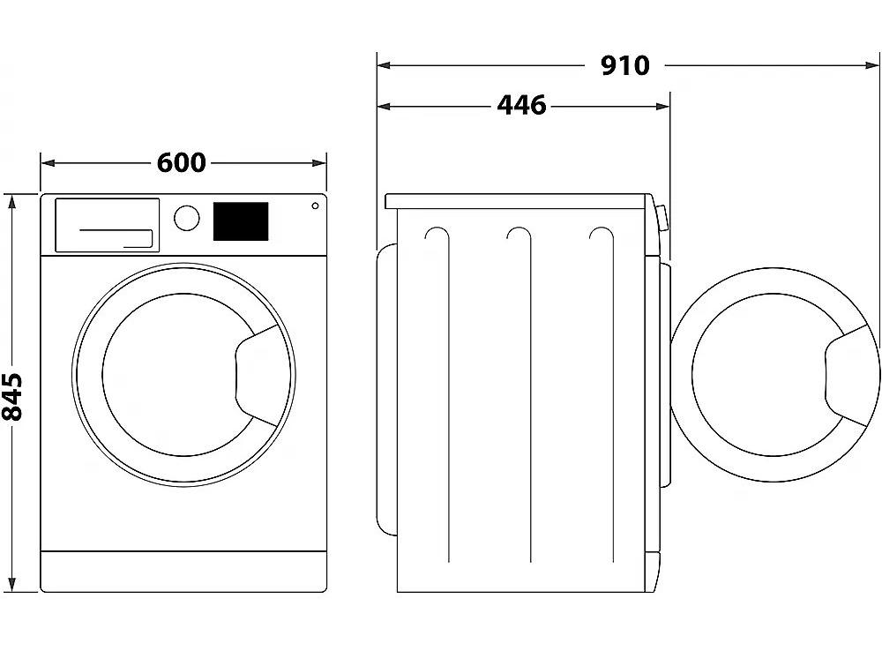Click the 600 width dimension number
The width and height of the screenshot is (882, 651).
182,163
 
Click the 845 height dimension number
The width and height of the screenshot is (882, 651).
12,396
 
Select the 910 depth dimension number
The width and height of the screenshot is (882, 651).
625,65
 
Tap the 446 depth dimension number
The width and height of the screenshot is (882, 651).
521,106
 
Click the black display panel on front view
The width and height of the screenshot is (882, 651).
241,221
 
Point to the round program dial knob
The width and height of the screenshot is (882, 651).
186,218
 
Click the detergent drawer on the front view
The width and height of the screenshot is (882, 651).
108,224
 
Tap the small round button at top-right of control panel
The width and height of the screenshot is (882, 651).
315,206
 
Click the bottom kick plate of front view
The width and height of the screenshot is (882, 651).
183,571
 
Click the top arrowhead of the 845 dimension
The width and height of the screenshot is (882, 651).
12,200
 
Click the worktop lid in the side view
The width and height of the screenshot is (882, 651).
520,201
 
